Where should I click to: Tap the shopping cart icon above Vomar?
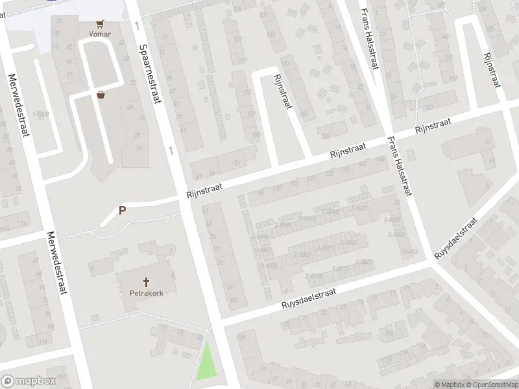tap(99, 22)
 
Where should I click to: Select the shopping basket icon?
tap(101, 95)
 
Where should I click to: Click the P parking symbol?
tap(122, 210)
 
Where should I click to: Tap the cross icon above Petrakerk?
tap(147, 282)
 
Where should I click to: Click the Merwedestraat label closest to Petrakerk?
tap(56, 262)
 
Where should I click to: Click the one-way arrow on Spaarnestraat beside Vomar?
tap(138, 26)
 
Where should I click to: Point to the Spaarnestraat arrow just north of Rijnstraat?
tap(171, 150)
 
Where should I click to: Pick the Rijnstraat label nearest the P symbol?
tap(204, 189)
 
